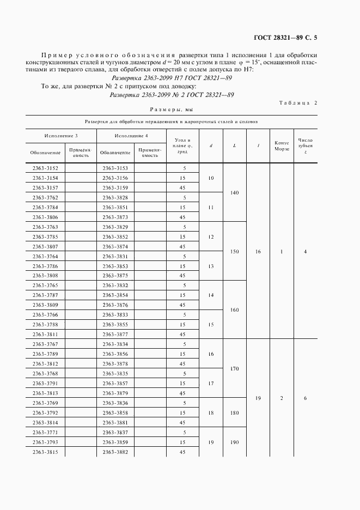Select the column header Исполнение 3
point(61,135)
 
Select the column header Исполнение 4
point(131,135)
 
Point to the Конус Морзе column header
point(282,145)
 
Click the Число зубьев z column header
point(305,145)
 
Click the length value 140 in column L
point(235,192)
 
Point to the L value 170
point(235,369)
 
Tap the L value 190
point(235,442)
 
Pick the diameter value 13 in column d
point(211,266)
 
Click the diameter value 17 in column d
point(211,384)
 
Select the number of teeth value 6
point(305,398)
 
